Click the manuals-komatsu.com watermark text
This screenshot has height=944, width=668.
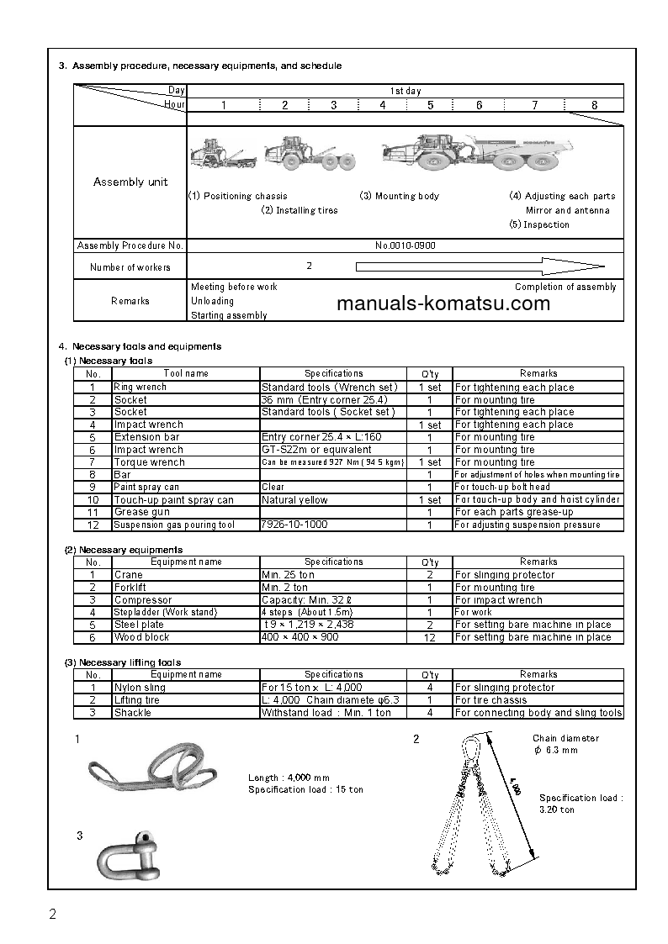pos(443,303)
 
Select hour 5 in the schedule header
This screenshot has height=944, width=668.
pos(430,105)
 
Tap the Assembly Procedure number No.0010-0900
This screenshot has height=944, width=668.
pos(405,245)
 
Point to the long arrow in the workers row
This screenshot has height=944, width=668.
pos(480,267)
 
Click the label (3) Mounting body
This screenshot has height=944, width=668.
pos(399,196)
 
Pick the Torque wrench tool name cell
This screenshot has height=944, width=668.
pos(149,462)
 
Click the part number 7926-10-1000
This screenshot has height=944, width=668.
pos(294,525)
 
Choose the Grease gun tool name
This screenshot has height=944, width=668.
pos(141,512)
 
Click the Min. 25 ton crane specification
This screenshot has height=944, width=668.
pos(289,575)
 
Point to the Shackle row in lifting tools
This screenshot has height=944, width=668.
pos(133,713)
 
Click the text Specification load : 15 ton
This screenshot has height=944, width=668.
pos(305,790)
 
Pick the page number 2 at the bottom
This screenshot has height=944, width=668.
pos(52,915)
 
